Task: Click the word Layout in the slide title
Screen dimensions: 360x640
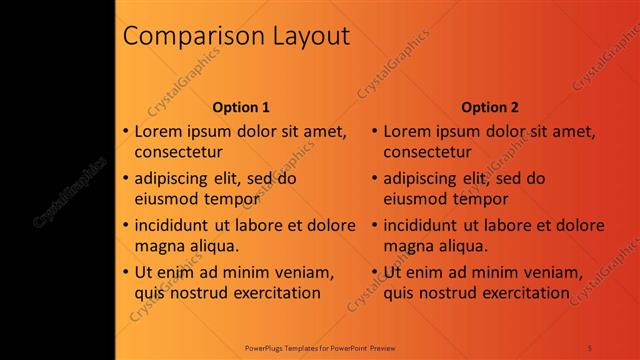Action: point(311,37)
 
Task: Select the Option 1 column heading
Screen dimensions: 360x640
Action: point(241,107)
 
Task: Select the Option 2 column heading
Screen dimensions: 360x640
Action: point(490,107)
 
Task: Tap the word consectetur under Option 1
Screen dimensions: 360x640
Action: point(178,152)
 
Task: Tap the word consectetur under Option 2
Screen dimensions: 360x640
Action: point(427,152)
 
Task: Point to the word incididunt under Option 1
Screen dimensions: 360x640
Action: point(176,225)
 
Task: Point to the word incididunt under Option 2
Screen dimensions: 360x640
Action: point(425,225)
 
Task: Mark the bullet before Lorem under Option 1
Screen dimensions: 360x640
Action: point(125,131)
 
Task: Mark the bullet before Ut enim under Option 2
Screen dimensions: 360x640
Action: point(374,271)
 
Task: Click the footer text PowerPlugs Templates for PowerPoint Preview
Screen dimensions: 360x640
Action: point(320,348)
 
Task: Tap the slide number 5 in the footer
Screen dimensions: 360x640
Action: point(590,348)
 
